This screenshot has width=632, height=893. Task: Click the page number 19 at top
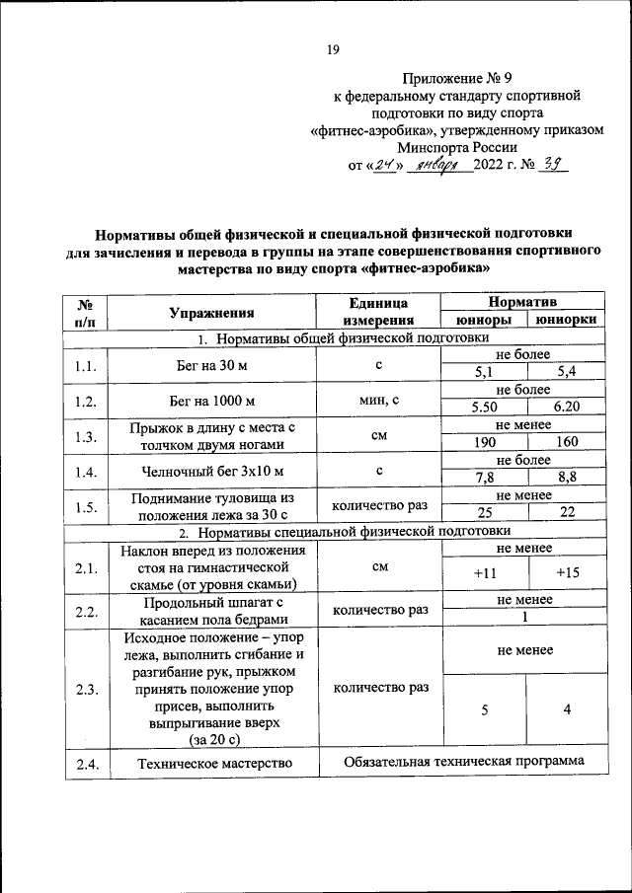click(x=333, y=49)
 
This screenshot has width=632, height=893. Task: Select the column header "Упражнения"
click(x=212, y=312)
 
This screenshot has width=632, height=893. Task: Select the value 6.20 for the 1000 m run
click(x=567, y=407)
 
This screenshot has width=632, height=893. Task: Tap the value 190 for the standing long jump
click(x=484, y=441)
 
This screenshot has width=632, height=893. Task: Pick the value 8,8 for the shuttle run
click(x=567, y=477)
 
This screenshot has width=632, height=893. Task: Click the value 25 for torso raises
click(x=484, y=512)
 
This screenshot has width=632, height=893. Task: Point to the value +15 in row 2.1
click(x=567, y=572)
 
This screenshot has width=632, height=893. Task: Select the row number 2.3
click(x=86, y=689)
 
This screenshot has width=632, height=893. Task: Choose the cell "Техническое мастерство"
click(x=212, y=763)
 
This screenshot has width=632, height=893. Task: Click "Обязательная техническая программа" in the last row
click(x=463, y=761)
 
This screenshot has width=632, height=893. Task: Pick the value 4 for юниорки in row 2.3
click(x=567, y=708)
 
